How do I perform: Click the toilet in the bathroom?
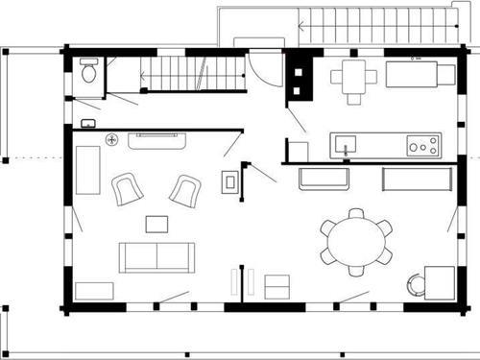coord(89,70)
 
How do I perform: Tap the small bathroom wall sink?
coord(88,123)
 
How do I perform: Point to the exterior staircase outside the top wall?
coord(374,24)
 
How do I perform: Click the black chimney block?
coord(300,75)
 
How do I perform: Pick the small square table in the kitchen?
coord(354,75)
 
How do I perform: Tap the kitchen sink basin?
coord(346,146)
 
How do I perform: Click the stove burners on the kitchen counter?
coord(421,146)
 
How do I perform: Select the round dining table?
coord(356,237)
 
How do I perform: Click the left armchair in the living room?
coord(127,188)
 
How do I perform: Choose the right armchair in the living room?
coord(184,190)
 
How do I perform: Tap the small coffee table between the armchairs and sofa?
coord(156,224)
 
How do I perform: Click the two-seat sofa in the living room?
coord(156,256)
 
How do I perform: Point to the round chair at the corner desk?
coord(416,285)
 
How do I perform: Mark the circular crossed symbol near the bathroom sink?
coord(112,139)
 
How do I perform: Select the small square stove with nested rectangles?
coord(230,181)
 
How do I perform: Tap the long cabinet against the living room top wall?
coord(156,140)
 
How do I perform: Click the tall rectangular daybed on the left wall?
coord(89,169)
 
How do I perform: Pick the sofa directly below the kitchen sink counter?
coord(325,179)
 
